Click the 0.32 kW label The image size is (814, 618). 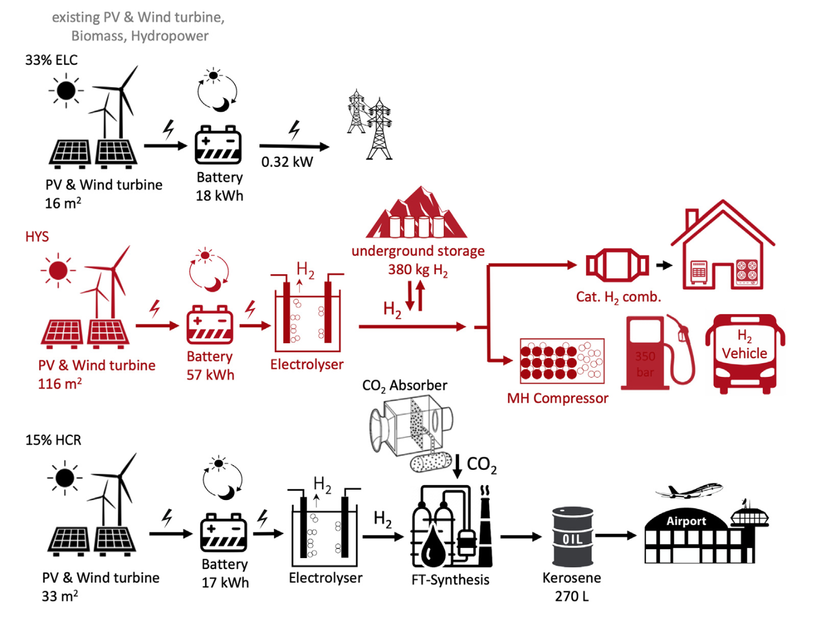[x=287, y=162]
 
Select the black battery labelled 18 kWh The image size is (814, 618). [x=218, y=145]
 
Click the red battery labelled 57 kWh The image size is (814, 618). [x=210, y=325]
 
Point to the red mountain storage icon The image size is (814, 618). [x=417, y=213]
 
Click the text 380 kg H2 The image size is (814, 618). [x=418, y=270]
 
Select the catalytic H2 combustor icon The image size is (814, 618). [x=617, y=265]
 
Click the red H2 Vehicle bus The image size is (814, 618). [x=744, y=353]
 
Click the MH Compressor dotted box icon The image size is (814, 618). [x=561, y=361]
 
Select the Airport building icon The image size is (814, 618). [x=705, y=533]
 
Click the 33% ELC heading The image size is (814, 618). [x=51, y=60]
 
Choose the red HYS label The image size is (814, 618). [x=37, y=237]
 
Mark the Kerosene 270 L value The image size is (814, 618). [x=572, y=596]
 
